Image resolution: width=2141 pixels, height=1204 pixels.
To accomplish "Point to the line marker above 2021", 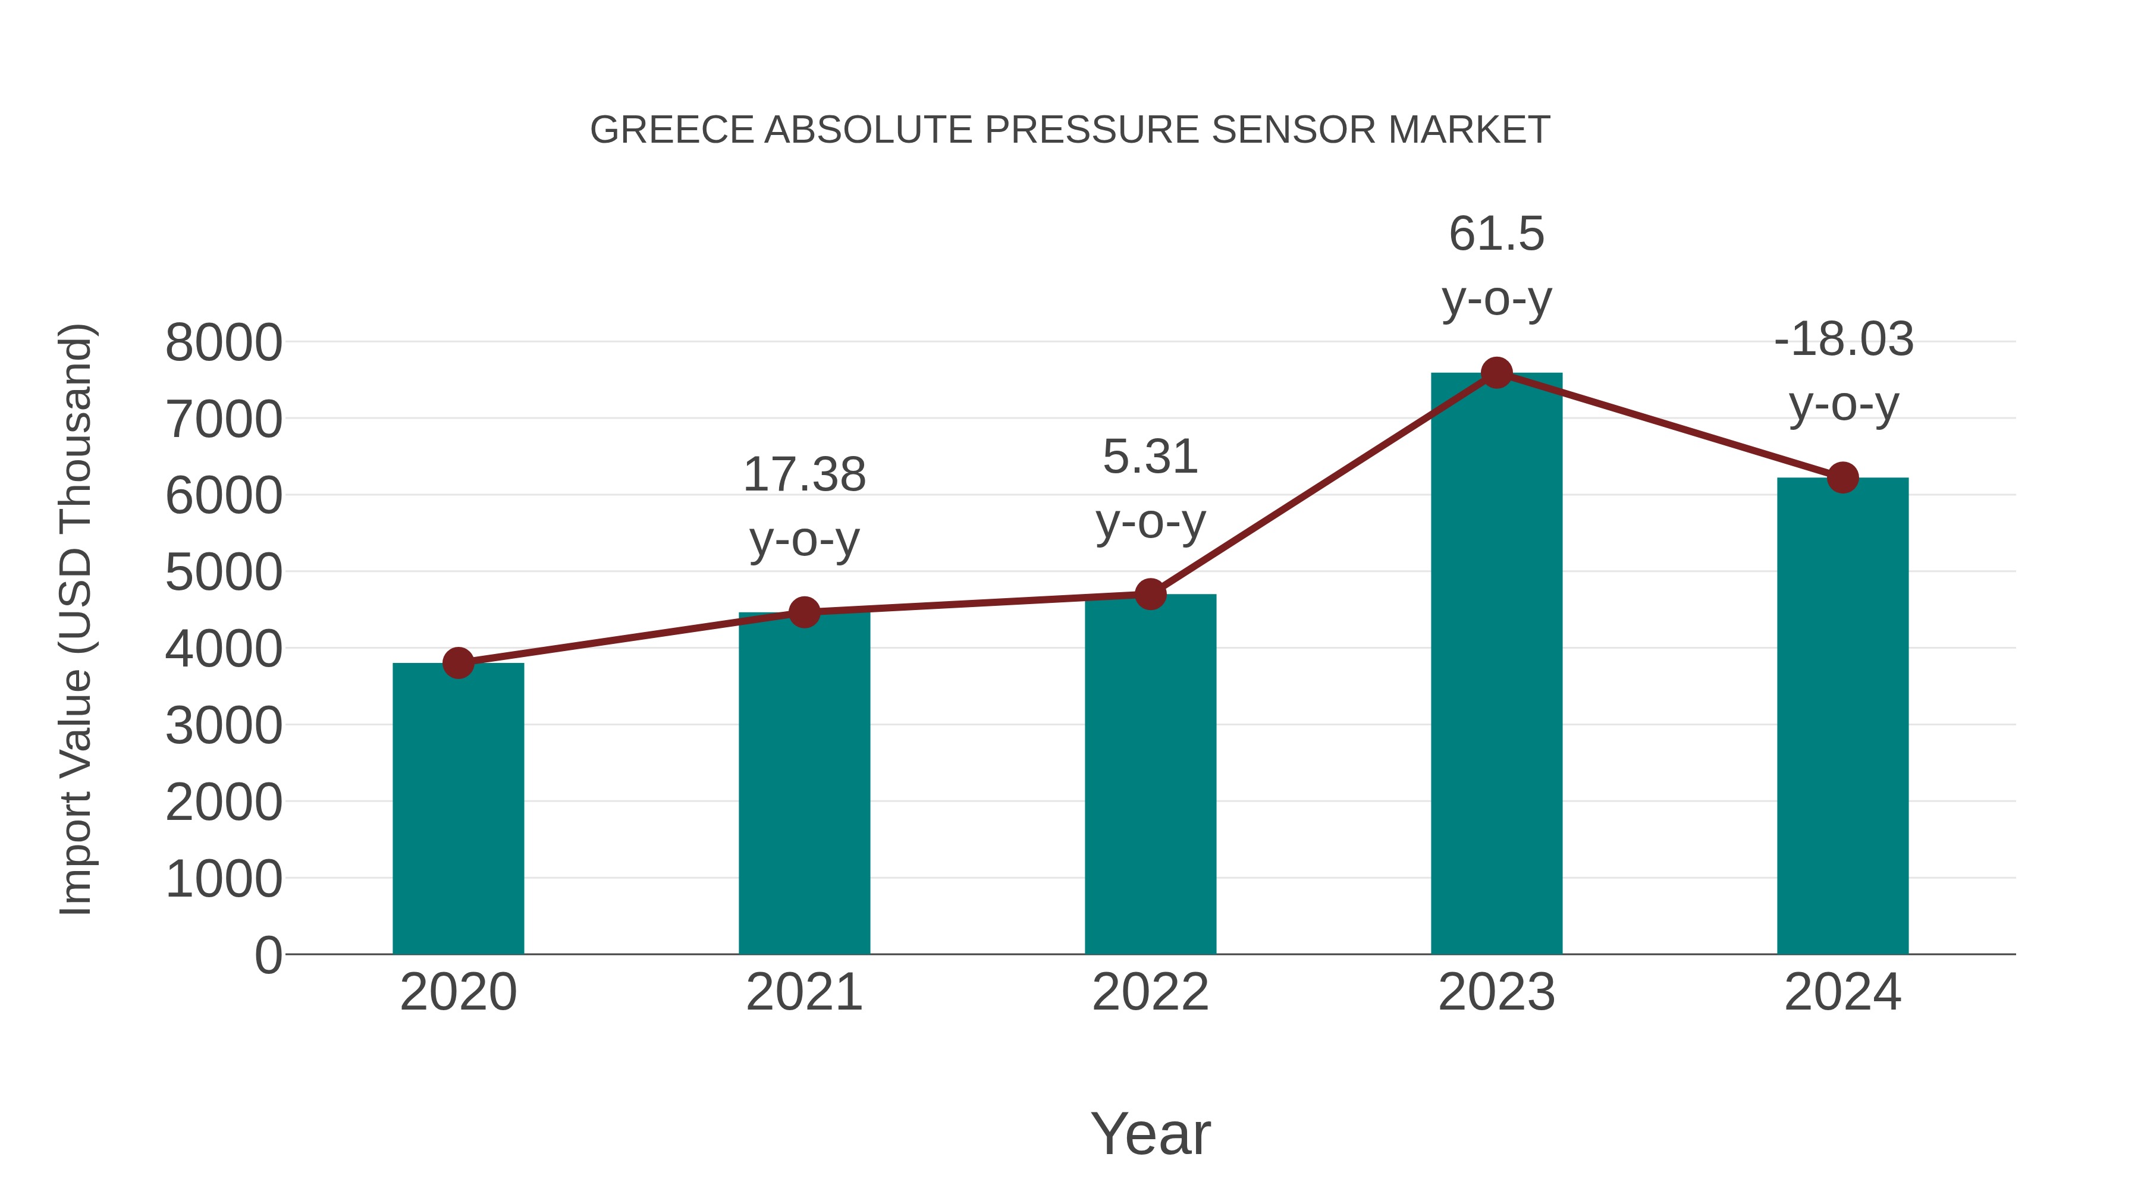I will (803, 612).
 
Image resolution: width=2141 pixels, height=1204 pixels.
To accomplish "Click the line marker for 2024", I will (1842, 478).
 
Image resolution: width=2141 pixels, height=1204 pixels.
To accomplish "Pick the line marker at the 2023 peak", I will (1496, 373).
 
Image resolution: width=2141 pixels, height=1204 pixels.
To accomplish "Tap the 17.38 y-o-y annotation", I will (803, 506).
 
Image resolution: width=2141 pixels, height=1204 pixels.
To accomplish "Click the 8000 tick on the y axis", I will (224, 342).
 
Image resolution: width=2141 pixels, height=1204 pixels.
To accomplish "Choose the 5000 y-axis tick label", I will (224, 573).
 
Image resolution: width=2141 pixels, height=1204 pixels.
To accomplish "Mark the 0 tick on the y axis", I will (268, 955).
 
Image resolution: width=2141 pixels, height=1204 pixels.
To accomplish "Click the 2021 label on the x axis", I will (803, 992).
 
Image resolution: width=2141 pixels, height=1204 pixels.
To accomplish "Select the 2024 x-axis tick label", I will (1842, 992).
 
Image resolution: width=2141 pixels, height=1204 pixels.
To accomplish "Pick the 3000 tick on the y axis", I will (224, 726).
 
